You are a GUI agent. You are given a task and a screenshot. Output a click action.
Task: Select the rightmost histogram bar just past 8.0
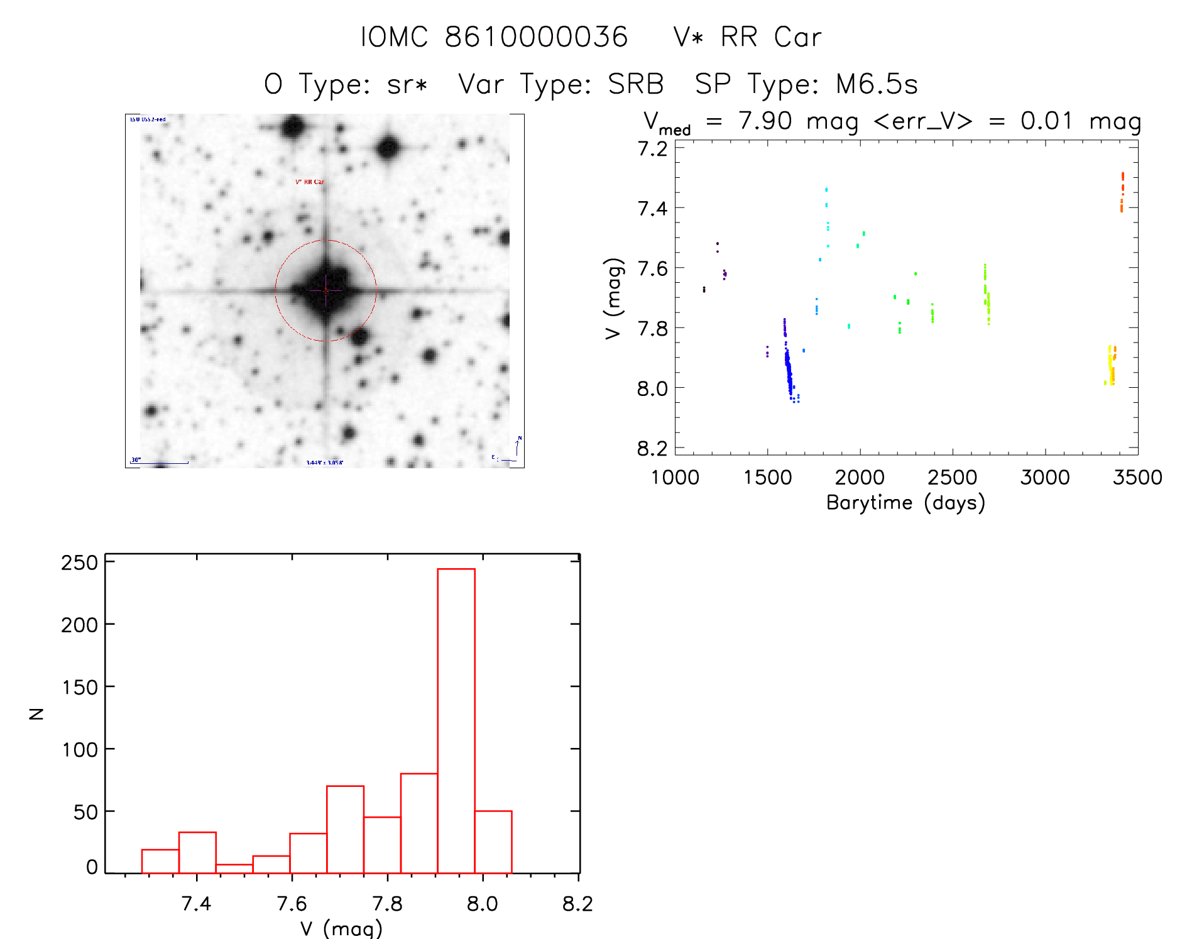click(493, 842)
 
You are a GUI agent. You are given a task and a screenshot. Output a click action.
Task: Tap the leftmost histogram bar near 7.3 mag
click(160, 861)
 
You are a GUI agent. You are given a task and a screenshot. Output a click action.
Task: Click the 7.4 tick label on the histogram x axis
click(196, 903)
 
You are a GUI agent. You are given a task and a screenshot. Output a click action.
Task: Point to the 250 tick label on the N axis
click(80, 562)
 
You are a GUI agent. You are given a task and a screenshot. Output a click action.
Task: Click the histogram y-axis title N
click(37, 713)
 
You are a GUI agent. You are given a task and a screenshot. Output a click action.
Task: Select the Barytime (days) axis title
click(905, 503)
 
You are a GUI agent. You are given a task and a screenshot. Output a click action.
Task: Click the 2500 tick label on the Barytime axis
click(952, 477)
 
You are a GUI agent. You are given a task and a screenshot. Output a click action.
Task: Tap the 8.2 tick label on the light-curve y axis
click(652, 448)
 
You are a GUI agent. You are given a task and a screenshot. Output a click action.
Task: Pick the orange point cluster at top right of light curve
click(1122, 191)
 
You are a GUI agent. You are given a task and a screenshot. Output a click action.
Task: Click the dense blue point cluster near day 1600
click(789, 371)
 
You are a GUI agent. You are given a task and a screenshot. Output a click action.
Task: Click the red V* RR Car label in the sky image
click(310, 182)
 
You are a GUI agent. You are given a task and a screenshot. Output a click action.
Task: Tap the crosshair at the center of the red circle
click(325, 290)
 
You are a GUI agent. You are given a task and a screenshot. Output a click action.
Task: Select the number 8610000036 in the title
click(536, 37)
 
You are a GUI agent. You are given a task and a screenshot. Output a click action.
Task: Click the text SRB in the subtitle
click(636, 84)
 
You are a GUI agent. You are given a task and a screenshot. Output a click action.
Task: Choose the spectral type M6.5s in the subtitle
click(877, 84)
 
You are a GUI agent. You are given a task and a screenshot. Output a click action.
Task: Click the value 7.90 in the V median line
click(765, 121)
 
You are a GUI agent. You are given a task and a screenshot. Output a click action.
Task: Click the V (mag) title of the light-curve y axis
click(613, 298)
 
